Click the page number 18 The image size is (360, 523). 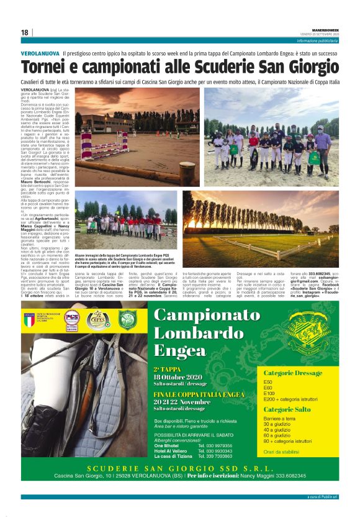(x=24, y=33)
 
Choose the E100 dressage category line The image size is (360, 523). (x=269, y=393)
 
